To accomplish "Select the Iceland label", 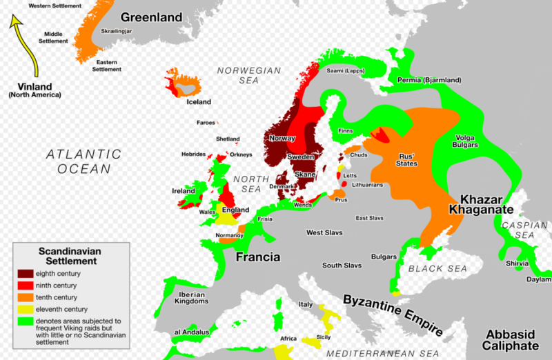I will [x=199, y=102].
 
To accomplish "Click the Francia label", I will [x=258, y=257].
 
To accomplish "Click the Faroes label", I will [x=206, y=123].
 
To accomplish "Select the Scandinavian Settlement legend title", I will [x=67, y=257].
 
